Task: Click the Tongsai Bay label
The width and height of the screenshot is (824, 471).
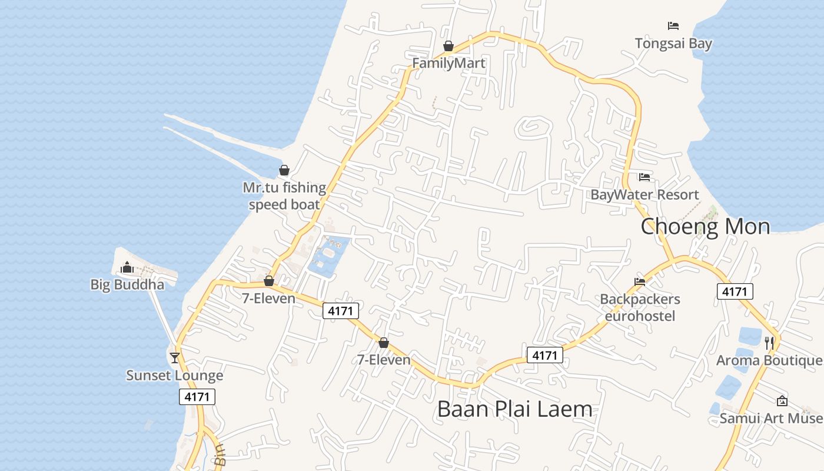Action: [673, 44]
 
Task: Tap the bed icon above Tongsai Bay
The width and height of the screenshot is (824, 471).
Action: [673, 26]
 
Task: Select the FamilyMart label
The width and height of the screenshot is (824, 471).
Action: [448, 63]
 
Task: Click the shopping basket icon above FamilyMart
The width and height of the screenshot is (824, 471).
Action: [448, 46]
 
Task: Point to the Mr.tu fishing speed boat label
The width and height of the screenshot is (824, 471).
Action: [284, 196]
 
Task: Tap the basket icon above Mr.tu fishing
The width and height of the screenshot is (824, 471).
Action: [284, 170]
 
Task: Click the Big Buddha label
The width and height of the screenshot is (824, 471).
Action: [127, 285]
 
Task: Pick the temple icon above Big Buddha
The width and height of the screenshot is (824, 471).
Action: [127, 268]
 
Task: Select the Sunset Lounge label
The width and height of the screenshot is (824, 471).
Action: [175, 376]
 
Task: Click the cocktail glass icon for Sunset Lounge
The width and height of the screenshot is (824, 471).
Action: [175, 358]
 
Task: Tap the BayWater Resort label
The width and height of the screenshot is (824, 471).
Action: [644, 195]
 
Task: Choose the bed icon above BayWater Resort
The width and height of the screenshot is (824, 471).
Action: [644, 177]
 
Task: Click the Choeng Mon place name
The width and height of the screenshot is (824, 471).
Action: [705, 227]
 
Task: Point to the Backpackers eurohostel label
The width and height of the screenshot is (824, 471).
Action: [640, 307]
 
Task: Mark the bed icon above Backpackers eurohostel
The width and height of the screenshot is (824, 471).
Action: [640, 282]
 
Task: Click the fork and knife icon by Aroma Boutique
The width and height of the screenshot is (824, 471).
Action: [769, 343]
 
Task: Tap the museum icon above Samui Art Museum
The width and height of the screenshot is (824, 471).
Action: [782, 401]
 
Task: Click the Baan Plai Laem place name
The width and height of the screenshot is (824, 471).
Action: [514, 409]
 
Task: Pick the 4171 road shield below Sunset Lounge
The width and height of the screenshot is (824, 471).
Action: [197, 397]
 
